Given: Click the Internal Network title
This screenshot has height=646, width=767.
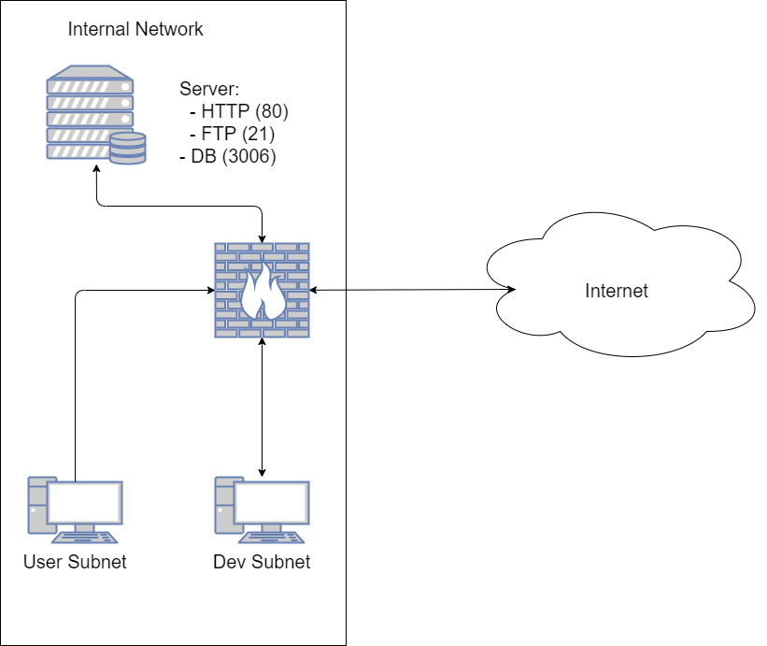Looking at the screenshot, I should (135, 29).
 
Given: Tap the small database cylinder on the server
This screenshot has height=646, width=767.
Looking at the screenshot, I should (127, 149).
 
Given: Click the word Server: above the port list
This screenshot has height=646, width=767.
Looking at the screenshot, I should (210, 90).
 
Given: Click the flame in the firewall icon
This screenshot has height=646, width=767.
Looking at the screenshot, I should (262, 292).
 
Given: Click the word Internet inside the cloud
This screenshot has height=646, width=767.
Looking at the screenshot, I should (617, 291).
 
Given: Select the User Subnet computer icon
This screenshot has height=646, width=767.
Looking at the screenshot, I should (75, 510).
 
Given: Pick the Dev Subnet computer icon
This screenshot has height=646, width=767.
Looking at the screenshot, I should (263, 510).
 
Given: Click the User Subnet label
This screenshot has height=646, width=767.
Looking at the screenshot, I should (75, 562).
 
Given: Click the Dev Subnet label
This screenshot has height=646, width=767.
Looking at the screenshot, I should (262, 562).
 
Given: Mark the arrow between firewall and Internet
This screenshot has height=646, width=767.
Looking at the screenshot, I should (411, 291).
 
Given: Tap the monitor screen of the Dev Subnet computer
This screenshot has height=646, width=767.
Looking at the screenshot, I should (272, 504).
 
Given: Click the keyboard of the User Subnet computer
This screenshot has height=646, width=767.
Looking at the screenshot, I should (85, 538).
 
